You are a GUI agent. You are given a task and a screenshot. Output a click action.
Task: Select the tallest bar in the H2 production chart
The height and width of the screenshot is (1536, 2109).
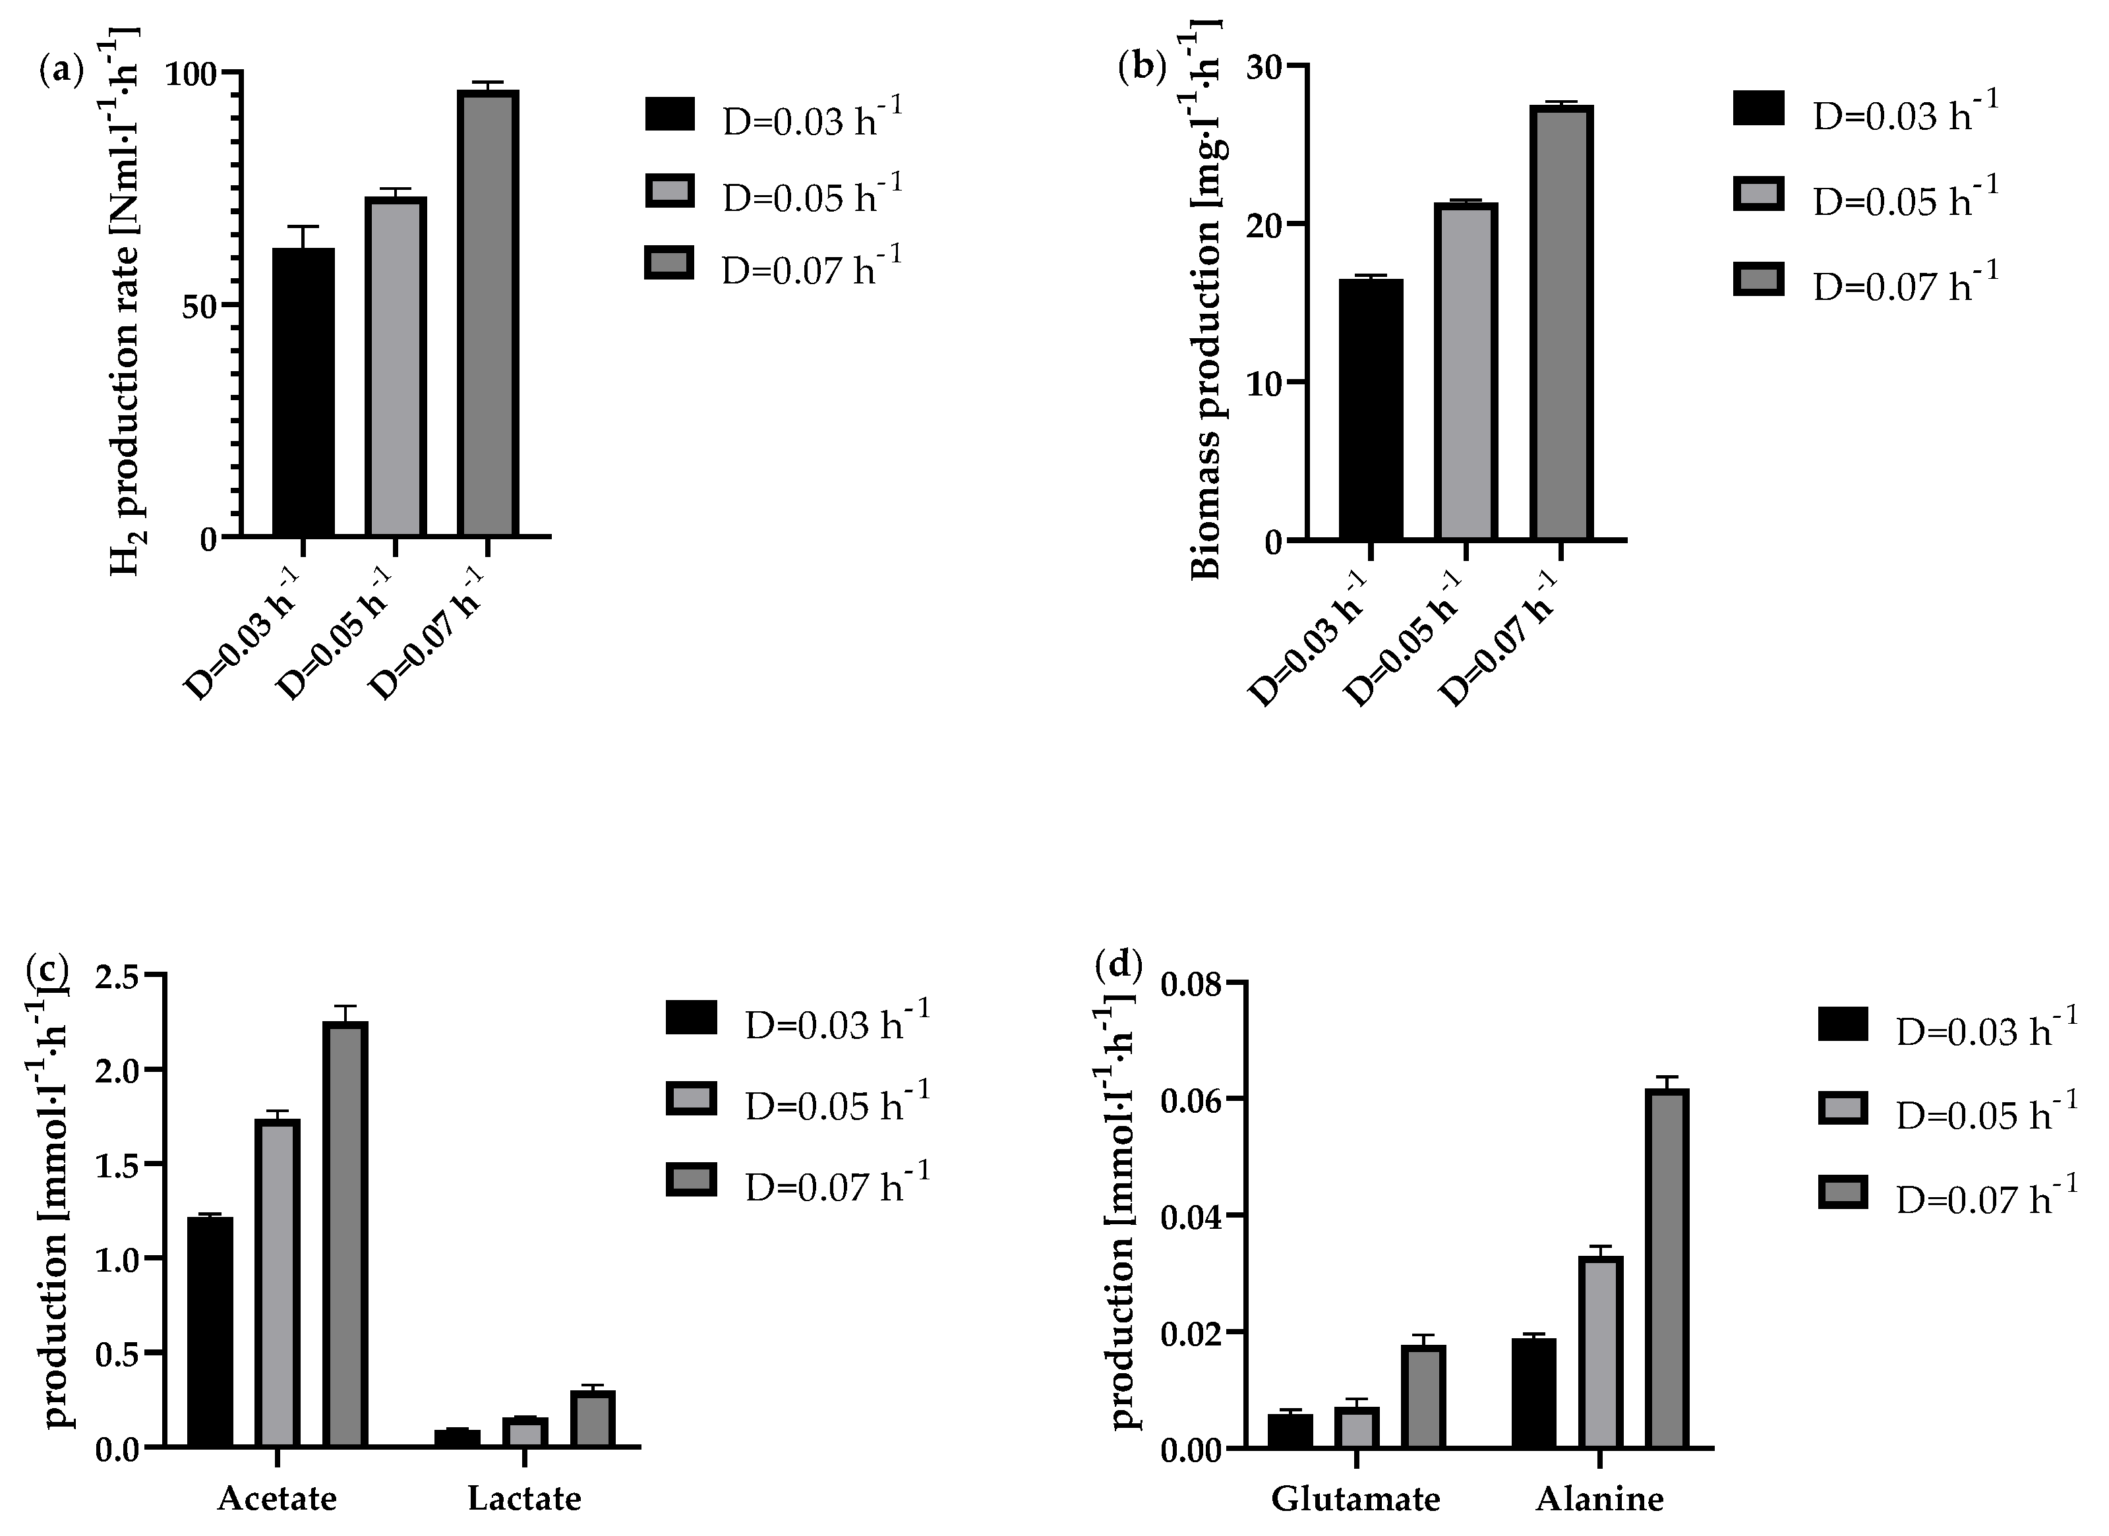point(487,312)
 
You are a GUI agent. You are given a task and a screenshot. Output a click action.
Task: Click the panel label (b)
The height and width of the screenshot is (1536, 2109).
point(1142,67)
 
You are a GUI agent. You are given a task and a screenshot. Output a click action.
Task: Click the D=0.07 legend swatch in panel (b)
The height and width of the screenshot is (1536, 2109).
point(1758,279)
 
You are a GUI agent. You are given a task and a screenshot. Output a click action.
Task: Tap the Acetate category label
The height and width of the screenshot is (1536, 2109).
point(277,1499)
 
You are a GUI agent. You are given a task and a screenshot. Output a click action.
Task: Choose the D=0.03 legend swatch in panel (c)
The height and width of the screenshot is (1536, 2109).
point(691,1017)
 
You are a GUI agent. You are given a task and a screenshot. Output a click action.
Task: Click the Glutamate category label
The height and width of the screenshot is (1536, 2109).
point(1355,1500)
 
